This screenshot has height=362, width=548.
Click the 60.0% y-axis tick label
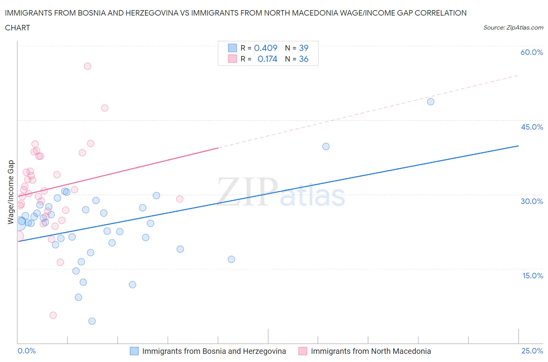click(x=532, y=52)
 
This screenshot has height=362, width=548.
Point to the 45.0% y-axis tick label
click(x=532, y=127)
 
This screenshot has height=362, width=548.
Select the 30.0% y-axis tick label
click(x=532, y=201)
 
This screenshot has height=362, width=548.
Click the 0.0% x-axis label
click(x=27, y=351)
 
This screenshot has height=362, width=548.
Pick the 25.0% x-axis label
click(x=532, y=351)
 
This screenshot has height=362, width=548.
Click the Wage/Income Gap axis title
click(x=11, y=192)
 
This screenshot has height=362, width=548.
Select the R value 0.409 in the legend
click(x=265, y=48)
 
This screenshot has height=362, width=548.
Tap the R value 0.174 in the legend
click(x=267, y=59)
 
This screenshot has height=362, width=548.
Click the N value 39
click(x=304, y=48)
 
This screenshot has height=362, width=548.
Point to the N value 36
click(x=304, y=59)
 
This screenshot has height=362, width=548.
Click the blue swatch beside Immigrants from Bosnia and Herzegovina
click(x=134, y=351)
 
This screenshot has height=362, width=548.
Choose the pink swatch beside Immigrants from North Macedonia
click(x=303, y=351)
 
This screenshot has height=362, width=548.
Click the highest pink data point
click(x=88, y=66)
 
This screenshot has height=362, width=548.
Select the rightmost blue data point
click(x=431, y=102)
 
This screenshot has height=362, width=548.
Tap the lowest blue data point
click(x=92, y=321)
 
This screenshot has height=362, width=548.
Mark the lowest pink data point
click(x=53, y=315)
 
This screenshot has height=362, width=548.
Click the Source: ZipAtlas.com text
click(x=513, y=28)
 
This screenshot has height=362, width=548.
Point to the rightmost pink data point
click(x=180, y=199)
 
